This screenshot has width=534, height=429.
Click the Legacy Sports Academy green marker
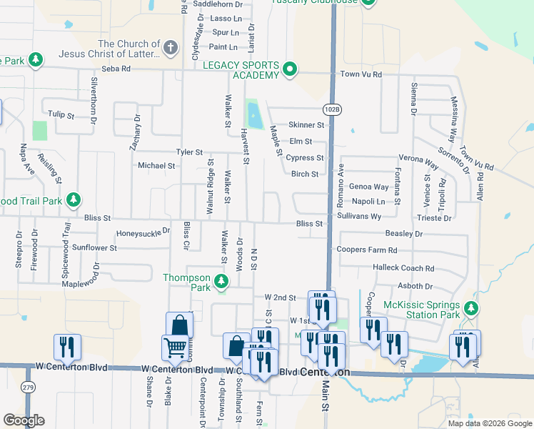pos(289,69)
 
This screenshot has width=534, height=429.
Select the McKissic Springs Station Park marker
pos(470,308)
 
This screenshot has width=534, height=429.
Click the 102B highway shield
pos(332,109)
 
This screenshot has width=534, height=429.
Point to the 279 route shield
pos(28,387)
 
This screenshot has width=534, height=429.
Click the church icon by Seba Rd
pos(169,49)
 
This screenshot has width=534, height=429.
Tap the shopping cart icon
pos(175,349)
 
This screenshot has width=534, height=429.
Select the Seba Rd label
pos(116,69)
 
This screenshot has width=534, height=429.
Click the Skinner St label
pos(306,124)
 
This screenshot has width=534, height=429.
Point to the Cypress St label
pos(307,157)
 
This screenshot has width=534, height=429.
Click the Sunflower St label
pos(94,247)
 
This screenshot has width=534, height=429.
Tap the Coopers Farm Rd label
pos(367,250)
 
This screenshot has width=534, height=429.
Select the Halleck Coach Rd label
pos(403,268)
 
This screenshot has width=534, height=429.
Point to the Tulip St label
pos(61,114)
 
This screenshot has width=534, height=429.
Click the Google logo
pos(24,420)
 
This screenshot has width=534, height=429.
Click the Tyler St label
pos(190,152)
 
